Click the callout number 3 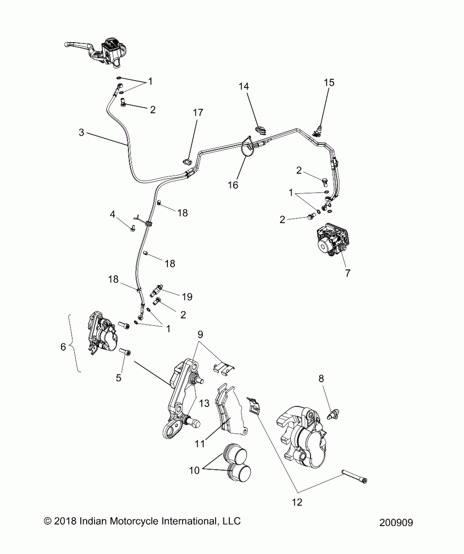click(81, 133)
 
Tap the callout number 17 click(198, 112)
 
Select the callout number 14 click(244, 86)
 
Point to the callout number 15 click(329, 82)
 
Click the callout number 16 click(233, 185)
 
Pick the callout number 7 click(347, 273)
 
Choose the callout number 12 click(297, 502)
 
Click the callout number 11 click(200, 444)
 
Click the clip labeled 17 click(187, 162)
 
